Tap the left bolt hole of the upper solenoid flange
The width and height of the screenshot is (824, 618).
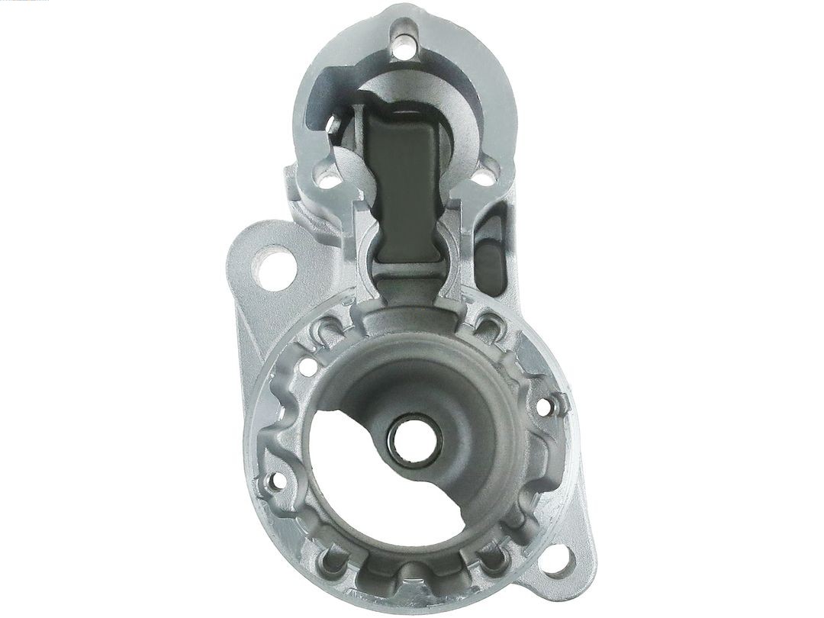[x=329, y=181]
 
